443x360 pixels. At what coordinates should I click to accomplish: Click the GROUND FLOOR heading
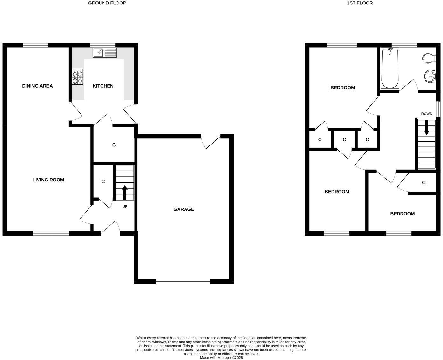point(107,3)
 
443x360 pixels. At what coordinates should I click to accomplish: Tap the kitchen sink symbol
point(105,53)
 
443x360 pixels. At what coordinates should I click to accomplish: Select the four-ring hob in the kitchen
point(77,77)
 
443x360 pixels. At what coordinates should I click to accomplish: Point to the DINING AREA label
point(37,86)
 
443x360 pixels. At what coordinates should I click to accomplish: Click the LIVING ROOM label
point(48,180)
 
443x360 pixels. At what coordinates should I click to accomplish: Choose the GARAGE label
point(184,209)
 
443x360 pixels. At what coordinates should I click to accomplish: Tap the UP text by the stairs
point(125,207)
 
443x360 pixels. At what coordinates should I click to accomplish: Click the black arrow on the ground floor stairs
point(125,192)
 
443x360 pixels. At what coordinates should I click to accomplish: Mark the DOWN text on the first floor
point(426,114)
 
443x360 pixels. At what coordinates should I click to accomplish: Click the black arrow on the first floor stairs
point(426,128)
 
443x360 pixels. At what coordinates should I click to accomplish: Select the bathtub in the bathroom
point(390,68)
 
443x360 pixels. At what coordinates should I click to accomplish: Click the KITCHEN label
point(103,86)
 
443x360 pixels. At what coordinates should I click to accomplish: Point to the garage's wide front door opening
point(183,281)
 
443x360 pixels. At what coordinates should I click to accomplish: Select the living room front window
point(51,234)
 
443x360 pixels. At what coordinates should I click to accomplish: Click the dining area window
point(35,45)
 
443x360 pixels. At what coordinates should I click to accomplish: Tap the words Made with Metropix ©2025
point(221,358)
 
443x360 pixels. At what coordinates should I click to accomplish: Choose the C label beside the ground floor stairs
point(103,182)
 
